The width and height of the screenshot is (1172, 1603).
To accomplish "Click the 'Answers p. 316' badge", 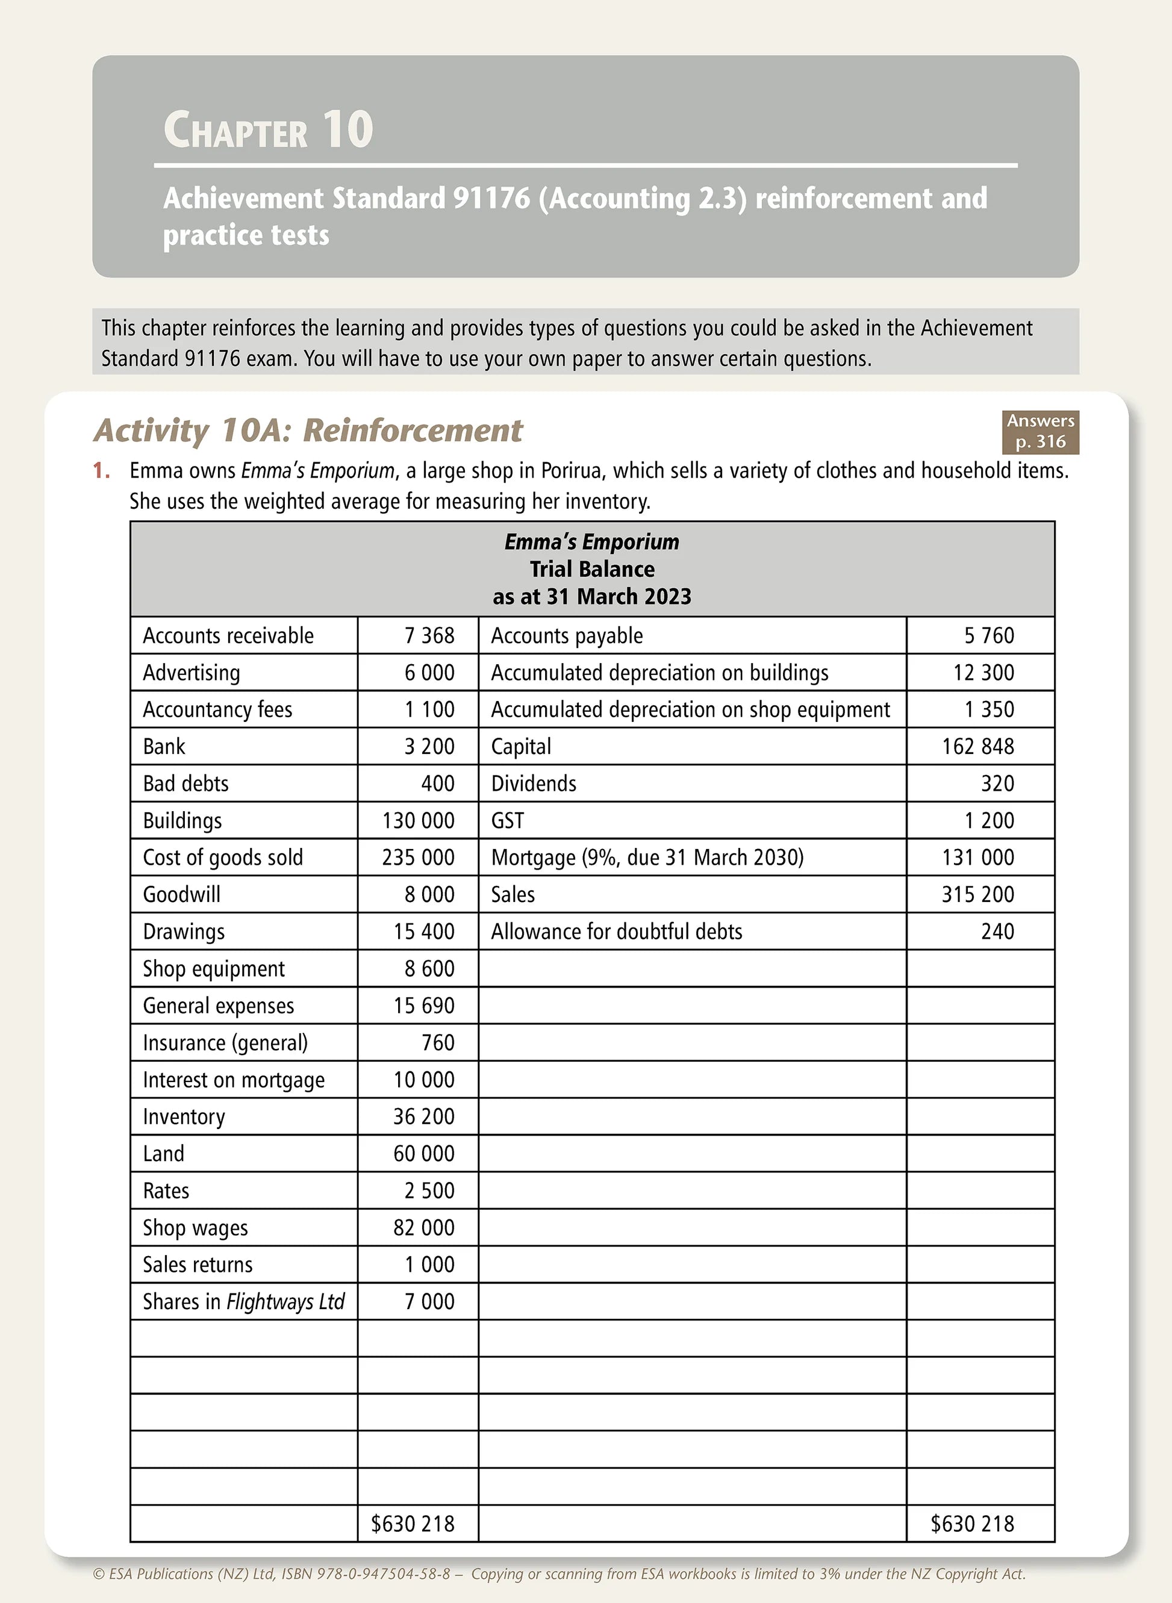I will pos(1040,431).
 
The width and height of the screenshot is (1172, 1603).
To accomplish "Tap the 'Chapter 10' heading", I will pos(268,130).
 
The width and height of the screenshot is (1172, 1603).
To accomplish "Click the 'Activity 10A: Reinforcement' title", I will pos(308,430).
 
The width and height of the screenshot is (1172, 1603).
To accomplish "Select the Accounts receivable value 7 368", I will pos(429,635).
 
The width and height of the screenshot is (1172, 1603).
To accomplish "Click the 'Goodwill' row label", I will pos(182,894).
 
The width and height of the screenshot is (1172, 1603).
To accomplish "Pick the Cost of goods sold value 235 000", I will pos(418,858).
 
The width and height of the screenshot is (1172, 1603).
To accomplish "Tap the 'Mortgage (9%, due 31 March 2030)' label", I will pos(647,858).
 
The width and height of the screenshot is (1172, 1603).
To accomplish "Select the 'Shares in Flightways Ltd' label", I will pos(243,1301).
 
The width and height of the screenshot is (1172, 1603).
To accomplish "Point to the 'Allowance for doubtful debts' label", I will pos(617,932).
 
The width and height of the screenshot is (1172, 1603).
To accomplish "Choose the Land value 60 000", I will pos(423,1153).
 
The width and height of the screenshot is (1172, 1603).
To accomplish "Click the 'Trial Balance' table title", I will pos(591,569).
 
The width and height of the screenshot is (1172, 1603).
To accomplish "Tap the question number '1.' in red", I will pos(101,470).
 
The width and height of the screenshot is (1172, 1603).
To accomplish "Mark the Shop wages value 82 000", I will pos(423,1228).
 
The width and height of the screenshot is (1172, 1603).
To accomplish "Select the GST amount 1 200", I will pos(989,821).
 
